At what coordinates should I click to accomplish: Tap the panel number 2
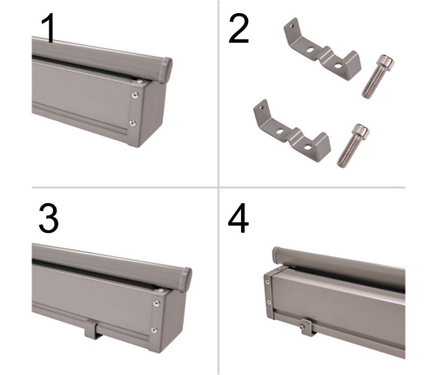pos(239,29)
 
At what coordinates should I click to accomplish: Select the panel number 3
pos(49,218)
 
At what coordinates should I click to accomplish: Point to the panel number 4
pos(239,219)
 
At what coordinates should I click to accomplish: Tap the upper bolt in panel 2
pos(378,76)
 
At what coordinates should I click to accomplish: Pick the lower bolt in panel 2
pos(353,146)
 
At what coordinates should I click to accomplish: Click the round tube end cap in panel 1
pos(166,71)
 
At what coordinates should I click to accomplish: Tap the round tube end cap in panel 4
pos(276,256)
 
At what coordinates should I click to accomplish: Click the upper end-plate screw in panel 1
pos(135,95)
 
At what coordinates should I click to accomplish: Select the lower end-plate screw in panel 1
pos(132,123)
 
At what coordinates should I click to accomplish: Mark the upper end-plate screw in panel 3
pos(157,303)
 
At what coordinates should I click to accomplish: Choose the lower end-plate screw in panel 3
pos(155,330)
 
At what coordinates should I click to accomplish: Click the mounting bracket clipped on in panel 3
pos(93,329)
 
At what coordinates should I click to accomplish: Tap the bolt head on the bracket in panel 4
pos(305,324)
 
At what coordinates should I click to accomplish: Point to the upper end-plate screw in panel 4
pos(266,282)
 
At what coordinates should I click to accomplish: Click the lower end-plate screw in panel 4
pos(269,303)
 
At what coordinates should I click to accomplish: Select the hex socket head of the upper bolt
pos(387,61)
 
